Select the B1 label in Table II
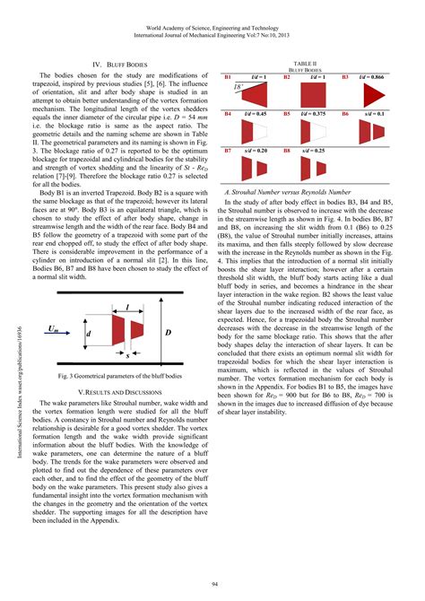click(x=228, y=79)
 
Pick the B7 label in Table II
click(x=228, y=151)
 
